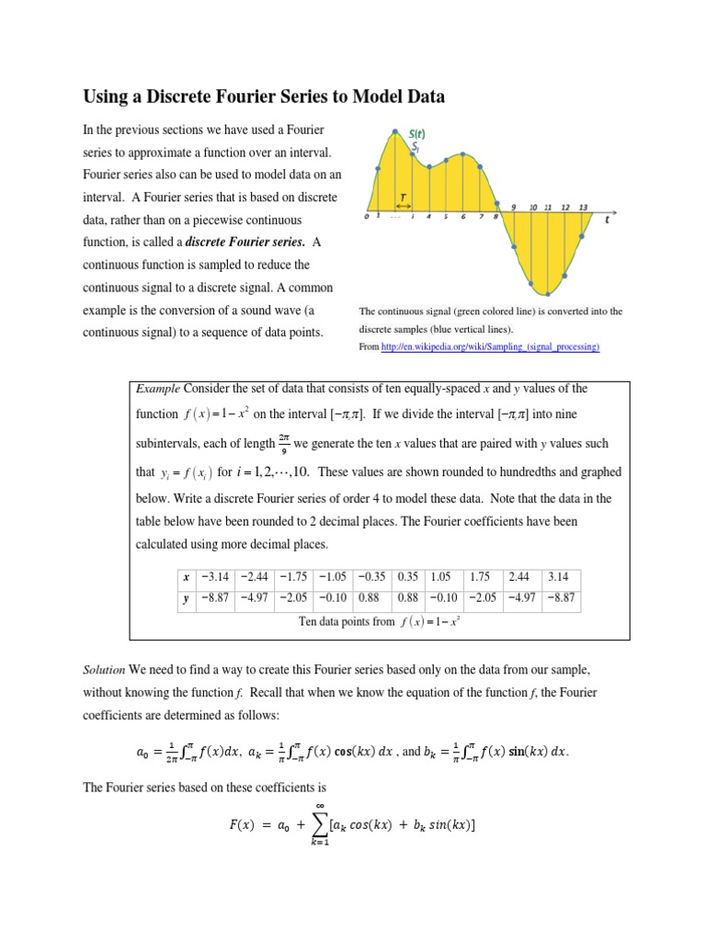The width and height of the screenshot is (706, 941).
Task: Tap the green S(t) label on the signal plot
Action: pyautogui.click(x=416, y=134)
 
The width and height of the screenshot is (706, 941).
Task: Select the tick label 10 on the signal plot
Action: pyautogui.click(x=532, y=208)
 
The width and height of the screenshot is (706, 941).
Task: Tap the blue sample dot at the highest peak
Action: pyautogui.click(x=394, y=131)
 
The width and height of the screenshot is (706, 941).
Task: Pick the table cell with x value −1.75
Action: pyautogui.click(x=293, y=577)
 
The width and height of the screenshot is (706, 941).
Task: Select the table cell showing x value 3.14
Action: pyautogui.click(x=560, y=577)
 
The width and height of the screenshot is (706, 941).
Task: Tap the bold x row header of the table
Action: pyautogui.click(x=187, y=577)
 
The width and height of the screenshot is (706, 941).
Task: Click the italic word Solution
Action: pyautogui.click(x=105, y=666)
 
